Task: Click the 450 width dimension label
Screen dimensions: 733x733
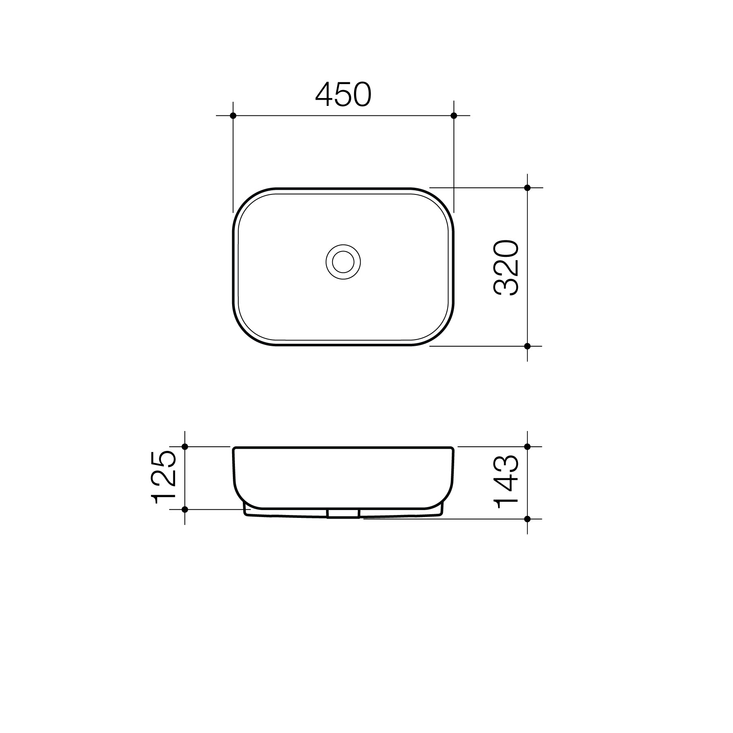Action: [x=343, y=95]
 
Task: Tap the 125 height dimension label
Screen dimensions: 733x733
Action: [x=165, y=477]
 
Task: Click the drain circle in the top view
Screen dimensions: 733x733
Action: [x=343, y=261]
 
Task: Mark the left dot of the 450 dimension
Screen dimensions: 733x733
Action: [x=233, y=115]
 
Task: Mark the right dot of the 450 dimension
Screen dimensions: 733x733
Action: [x=454, y=115]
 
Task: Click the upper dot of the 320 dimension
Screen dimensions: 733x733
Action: [x=527, y=188]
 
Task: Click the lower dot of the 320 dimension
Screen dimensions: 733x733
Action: [x=527, y=346]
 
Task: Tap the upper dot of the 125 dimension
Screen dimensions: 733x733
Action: [x=185, y=447]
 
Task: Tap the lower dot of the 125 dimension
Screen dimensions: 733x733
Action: [x=185, y=509]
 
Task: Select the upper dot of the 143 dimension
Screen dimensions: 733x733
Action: [x=527, y=447]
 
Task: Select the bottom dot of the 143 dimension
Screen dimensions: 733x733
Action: [x=527, y=518]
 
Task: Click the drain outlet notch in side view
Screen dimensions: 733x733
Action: [x=343, y=513]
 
